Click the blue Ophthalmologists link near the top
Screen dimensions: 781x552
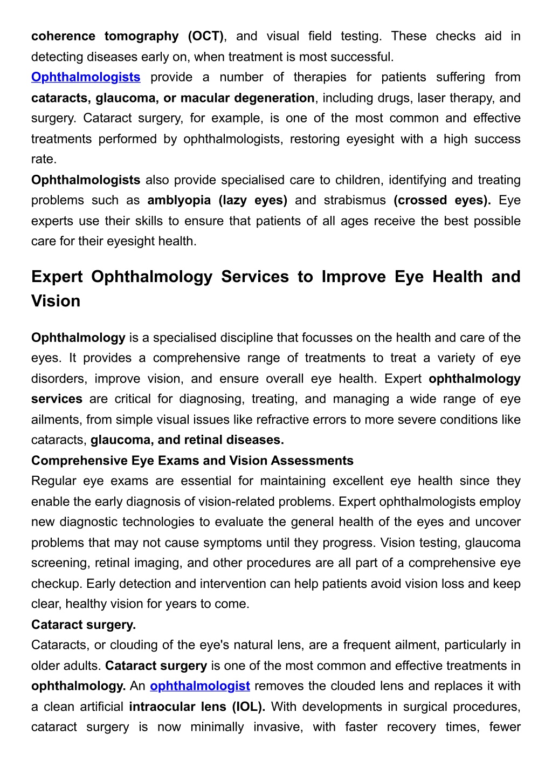(x=86, y=77)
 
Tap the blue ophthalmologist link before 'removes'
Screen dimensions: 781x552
(x=200, y=686)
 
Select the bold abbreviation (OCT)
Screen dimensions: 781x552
(x=205, y=36)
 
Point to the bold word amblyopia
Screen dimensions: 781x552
(x=179, y=200)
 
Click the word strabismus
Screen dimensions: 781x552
(x=355, y=200)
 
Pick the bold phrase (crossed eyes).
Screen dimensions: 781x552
(x=442, y=200)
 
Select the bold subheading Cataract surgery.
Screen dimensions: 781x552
(x=84, y=625)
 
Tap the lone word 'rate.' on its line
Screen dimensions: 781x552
(x=44, y=159)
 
